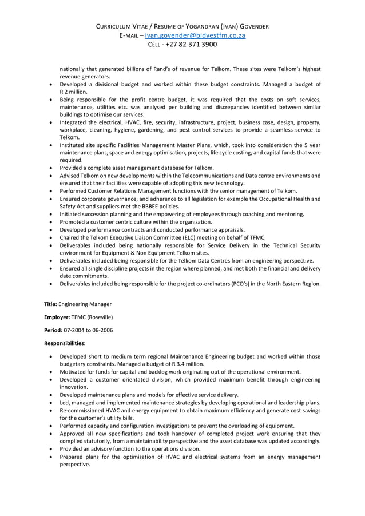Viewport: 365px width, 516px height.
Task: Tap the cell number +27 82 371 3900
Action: (x=191, y=45)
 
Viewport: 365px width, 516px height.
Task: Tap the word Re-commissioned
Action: (x=83, y=410)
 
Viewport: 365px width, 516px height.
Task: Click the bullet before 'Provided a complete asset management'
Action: (x=53, y=168)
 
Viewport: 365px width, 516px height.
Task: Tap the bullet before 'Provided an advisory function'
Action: (x=53, y=449)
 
